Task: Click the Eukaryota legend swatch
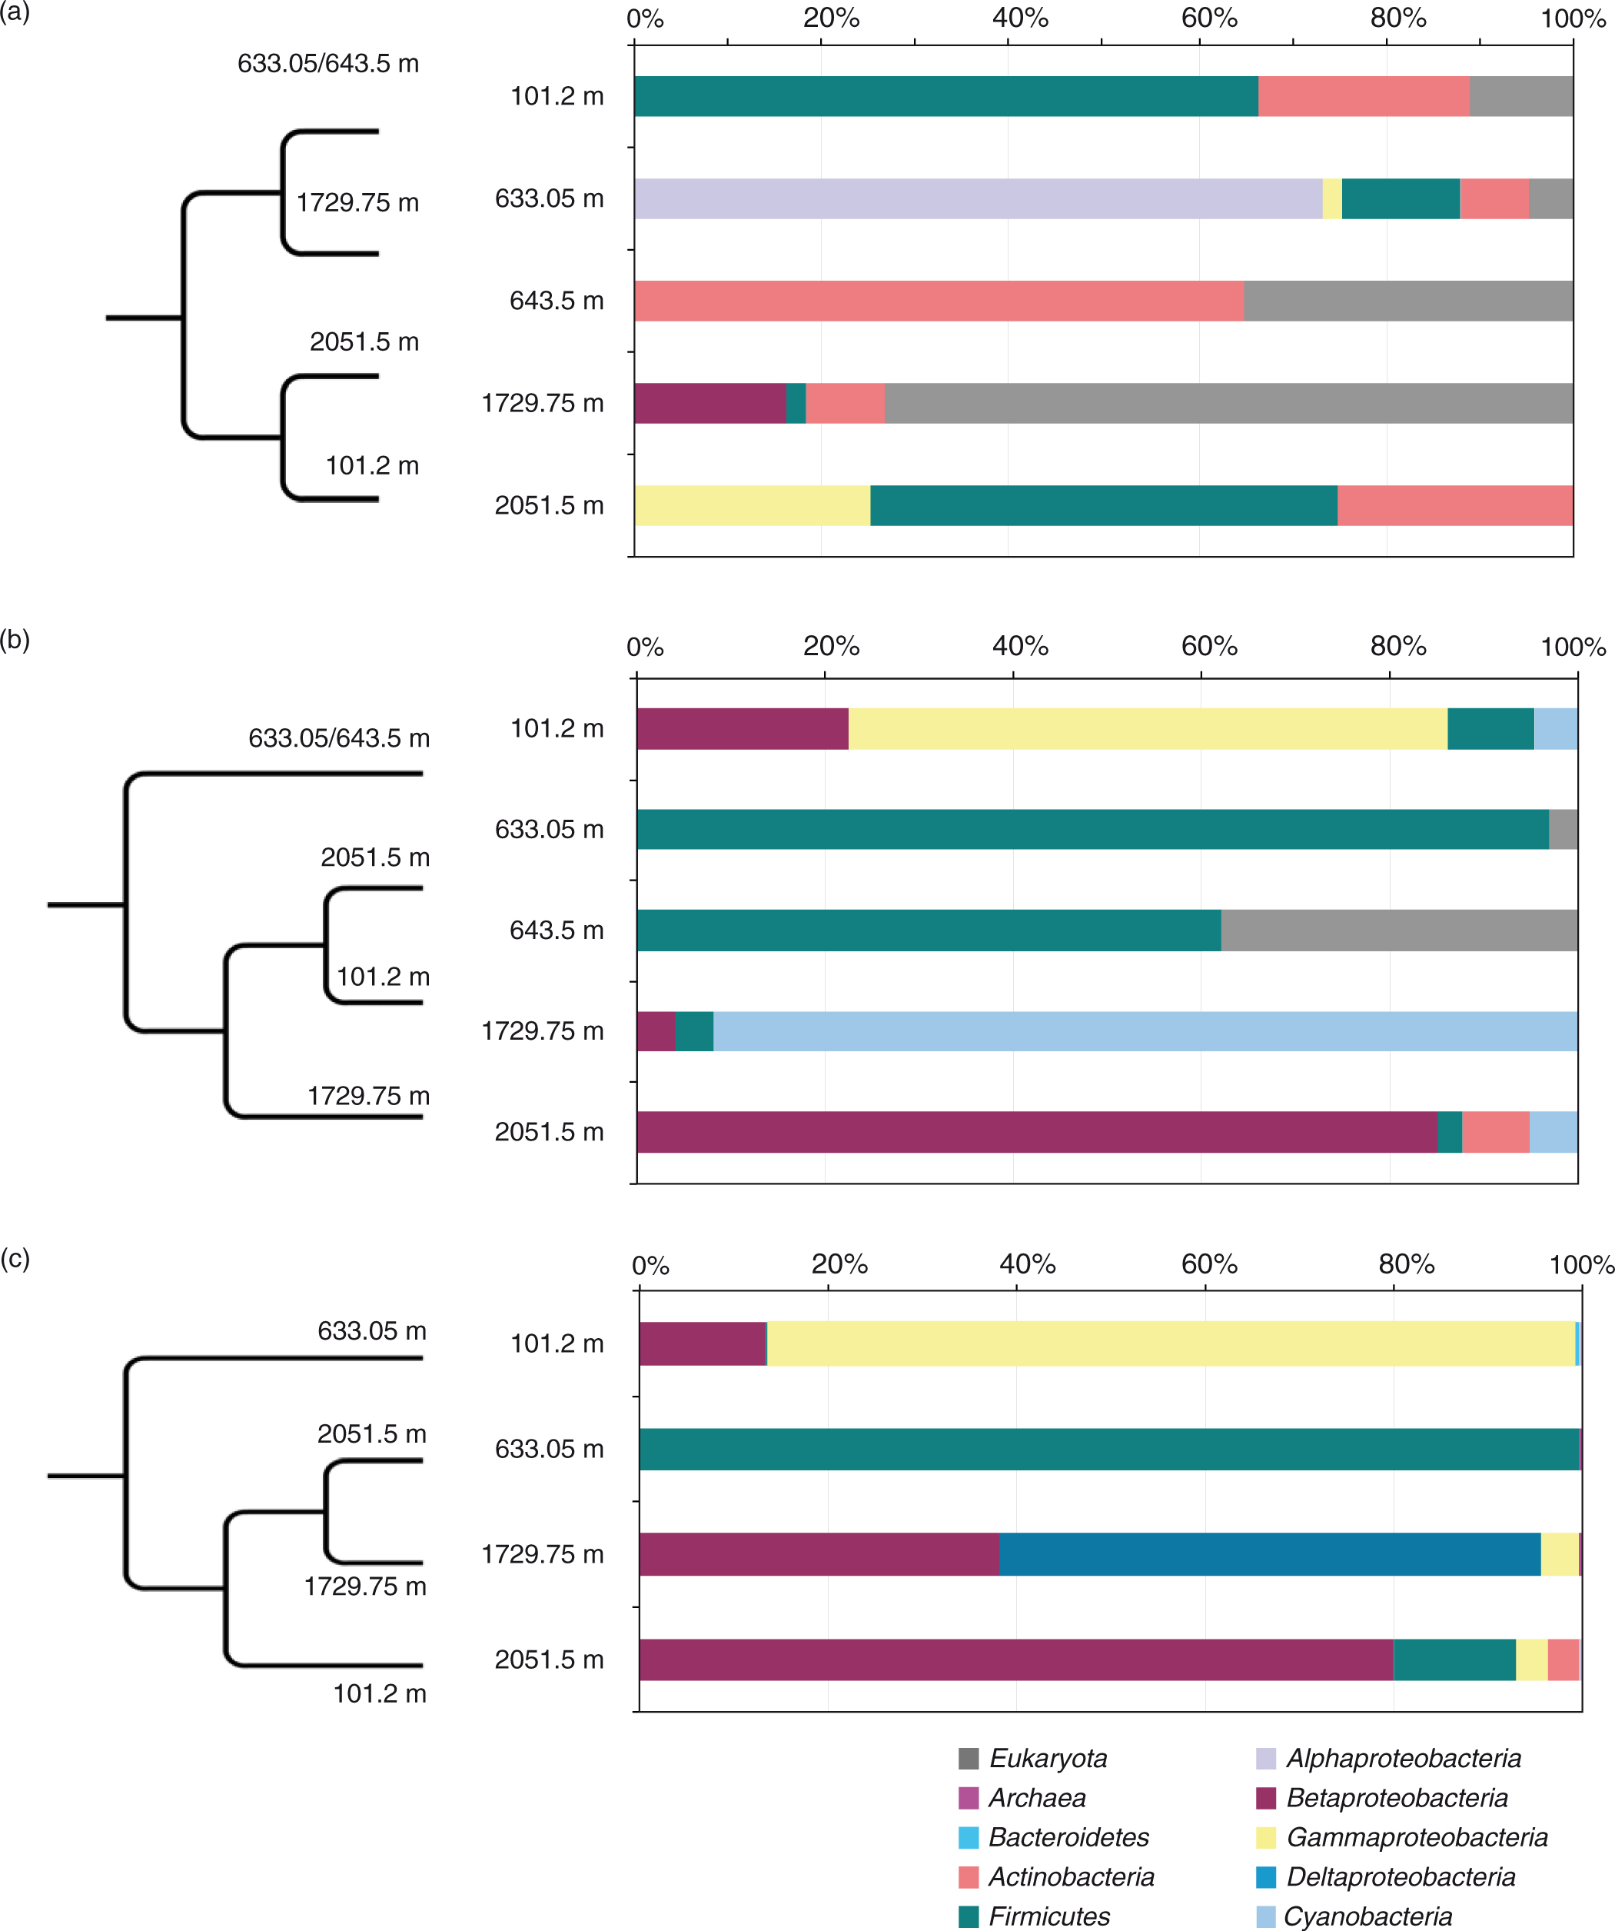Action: (x=968, y=1759)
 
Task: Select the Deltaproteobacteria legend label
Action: (x=1400, y=1876)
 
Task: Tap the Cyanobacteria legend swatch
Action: (x=1266, y=1916)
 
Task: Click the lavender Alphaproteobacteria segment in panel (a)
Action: (x=977, y=198)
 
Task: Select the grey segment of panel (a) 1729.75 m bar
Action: (x=1228, y=403)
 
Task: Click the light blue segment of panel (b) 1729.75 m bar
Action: (x=1145, y=1030)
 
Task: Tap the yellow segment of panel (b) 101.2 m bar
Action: (x=1147, y=728)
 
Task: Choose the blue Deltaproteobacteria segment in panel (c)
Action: (x=1269, y=1554)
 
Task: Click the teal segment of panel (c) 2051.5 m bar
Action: (x=1454, y=1660)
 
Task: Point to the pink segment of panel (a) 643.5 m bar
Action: (x=939, y=301)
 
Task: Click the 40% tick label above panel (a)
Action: (x=1019, y=18)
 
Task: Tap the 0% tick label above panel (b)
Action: (x=644, y=648)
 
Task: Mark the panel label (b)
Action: (x=15, y=639)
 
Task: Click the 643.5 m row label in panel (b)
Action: (x=556, y=931)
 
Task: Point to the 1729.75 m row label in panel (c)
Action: (x=543, y=1554)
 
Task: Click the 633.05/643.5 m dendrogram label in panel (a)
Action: (x=328, y=64)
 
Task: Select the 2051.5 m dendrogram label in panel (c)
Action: (x=371, y=1433)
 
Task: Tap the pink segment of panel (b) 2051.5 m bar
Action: (x=1496, y=1132)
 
